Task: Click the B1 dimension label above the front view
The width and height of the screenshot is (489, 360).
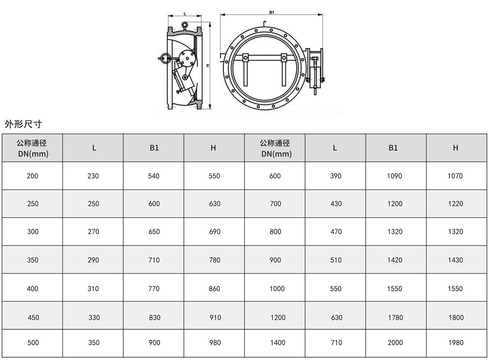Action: click(271, 12)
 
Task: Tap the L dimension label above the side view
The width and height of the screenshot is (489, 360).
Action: click(185, 14)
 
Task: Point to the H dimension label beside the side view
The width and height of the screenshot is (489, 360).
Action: click(208, 65)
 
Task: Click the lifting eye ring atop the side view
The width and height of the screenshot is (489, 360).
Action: click(185, 25)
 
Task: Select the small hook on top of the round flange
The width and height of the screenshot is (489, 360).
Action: click(264, 24)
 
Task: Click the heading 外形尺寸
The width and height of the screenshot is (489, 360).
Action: click(23, 124)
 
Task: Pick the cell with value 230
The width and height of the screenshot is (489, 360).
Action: click(93, 176)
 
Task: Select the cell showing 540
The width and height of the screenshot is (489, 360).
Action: click(154, 176)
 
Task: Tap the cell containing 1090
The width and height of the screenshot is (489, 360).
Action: click(395, 176)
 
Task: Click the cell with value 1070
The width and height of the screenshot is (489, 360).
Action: click(455, 176)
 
